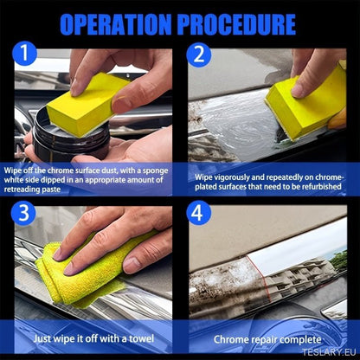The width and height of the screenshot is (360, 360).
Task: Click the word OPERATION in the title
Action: [116, 24]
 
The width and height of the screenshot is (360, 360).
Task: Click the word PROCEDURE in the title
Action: [237, 24]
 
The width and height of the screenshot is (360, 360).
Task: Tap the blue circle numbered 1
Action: [24, 54]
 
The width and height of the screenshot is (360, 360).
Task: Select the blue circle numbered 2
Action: [199, 55]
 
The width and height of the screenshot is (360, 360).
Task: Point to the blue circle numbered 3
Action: [23, 213]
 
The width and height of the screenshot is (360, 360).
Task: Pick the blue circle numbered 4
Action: [198, 213]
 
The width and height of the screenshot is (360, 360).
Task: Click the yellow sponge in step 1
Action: [87, 104]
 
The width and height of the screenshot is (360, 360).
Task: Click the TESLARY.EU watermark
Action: [329, 352]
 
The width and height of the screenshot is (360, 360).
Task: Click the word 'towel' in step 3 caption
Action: [141, 338]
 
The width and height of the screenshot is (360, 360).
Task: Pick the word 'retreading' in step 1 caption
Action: [21, 190]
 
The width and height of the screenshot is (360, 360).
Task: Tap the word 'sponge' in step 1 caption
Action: [155, 170]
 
